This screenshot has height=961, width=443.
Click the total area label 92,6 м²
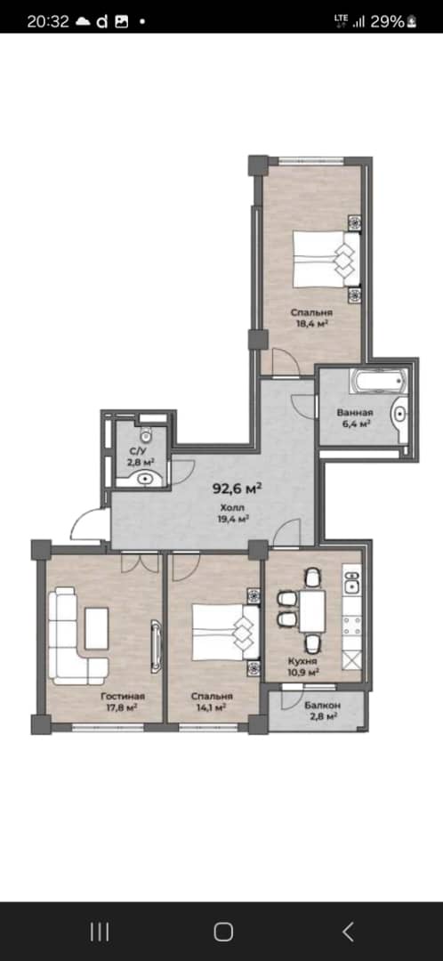pos(238,489)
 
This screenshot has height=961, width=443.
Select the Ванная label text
pos(355,413)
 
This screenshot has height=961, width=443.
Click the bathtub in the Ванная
pos(378,382)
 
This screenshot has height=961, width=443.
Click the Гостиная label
pos(123,696)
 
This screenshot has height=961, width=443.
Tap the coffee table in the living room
pos(96,628)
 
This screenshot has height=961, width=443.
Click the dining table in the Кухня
pos(312,610)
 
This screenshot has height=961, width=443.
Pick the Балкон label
pos(322,705)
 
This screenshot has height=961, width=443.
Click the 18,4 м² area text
pos(312,323)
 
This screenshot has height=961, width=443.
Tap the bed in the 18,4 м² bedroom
pos(326,259)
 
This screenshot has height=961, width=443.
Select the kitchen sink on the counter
pos(351,586)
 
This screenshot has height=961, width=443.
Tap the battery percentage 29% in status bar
pos(387,21)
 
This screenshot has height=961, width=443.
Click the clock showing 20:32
pos(48,21)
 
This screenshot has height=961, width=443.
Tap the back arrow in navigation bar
pos(348,932)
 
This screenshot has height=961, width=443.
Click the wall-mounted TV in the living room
pos(157,647)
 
